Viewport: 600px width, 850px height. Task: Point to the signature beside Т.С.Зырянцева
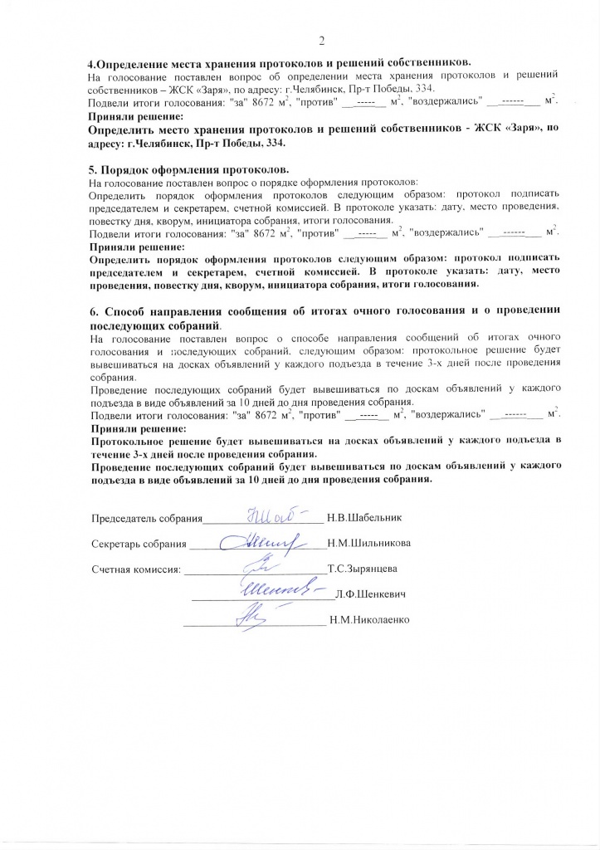click(x=261, y=569)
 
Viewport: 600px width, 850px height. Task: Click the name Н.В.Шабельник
click(x=366, y=519)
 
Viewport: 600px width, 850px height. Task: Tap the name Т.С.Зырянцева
click(x=363, y=569)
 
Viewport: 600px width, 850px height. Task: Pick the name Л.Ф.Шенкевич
click(x=371, y=594)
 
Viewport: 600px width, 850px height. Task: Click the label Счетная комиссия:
click(x=135, y=570)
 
